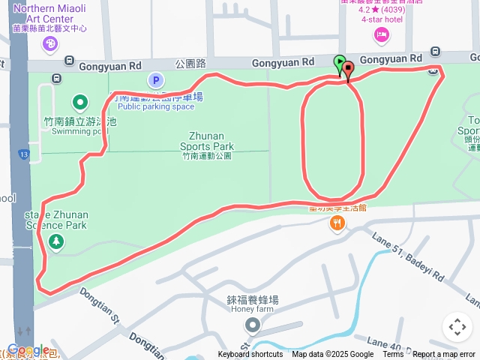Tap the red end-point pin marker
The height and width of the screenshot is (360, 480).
click(348, 69)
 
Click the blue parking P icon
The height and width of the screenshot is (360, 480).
click(155, 80)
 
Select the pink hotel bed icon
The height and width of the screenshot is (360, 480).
click(382, 34)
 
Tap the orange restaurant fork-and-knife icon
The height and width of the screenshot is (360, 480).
click(339, 223)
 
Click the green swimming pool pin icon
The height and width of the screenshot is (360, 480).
click(80, 102)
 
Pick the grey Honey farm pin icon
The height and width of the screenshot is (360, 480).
click(253, 325)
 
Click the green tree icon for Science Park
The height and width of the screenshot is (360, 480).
click(55, 241)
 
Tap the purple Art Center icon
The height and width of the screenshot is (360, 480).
click(50, 44)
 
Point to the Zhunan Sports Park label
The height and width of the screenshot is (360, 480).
click(206, 141)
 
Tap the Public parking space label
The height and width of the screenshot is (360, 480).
click(155, 106)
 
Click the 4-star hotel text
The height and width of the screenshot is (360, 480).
click(382, 19)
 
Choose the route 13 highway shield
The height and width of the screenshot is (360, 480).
click(24, 155)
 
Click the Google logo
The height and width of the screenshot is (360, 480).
click(28, 349)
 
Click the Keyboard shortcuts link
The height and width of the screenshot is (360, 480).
click(250, 355)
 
